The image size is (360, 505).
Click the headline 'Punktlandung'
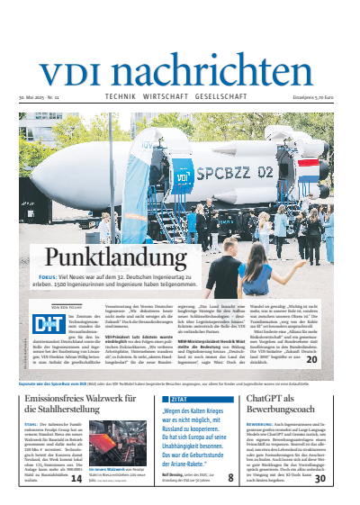[100, 257]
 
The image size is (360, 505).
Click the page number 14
[76, 478]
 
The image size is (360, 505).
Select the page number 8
[231, 478]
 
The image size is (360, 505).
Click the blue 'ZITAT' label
[156, 397]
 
